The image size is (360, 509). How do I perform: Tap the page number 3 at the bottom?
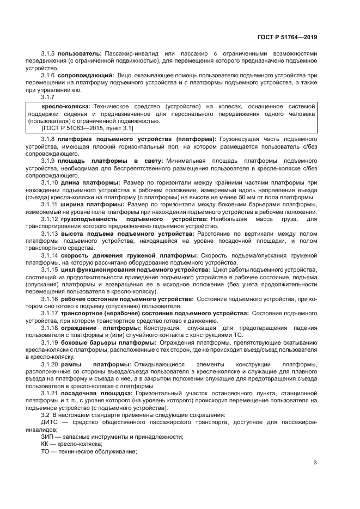point(315,463)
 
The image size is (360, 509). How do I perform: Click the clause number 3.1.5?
point(48,53)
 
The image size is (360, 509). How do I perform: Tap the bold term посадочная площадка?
point(96,393)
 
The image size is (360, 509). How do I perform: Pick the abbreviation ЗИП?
point(48,437)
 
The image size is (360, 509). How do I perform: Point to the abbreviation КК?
point(46,444)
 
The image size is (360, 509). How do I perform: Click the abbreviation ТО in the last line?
point(46,451)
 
